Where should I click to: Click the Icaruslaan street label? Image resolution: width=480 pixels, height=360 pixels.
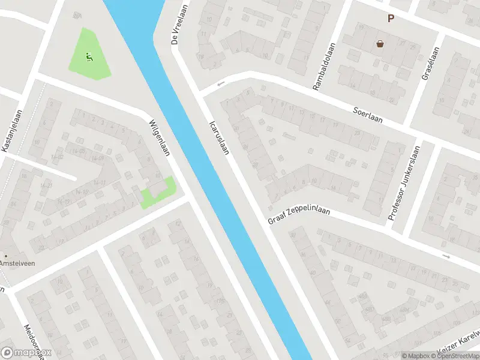(x=219, y=138)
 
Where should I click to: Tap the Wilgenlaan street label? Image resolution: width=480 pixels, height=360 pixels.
(x=160, y=137)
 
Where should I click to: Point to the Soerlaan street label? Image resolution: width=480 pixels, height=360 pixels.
(x=368, y=113)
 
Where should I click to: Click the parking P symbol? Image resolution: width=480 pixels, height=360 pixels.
(x=391, y=19)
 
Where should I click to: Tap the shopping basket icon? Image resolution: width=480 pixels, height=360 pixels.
(x=380, y=43)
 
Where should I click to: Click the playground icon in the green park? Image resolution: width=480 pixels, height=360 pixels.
(x=89, y=58)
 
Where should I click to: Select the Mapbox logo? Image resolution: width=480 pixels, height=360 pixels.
(x=27, y=353)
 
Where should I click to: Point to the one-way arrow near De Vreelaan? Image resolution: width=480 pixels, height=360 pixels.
(x=221, y=83)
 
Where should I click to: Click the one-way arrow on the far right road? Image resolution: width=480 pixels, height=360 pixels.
(x=446, y=256)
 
